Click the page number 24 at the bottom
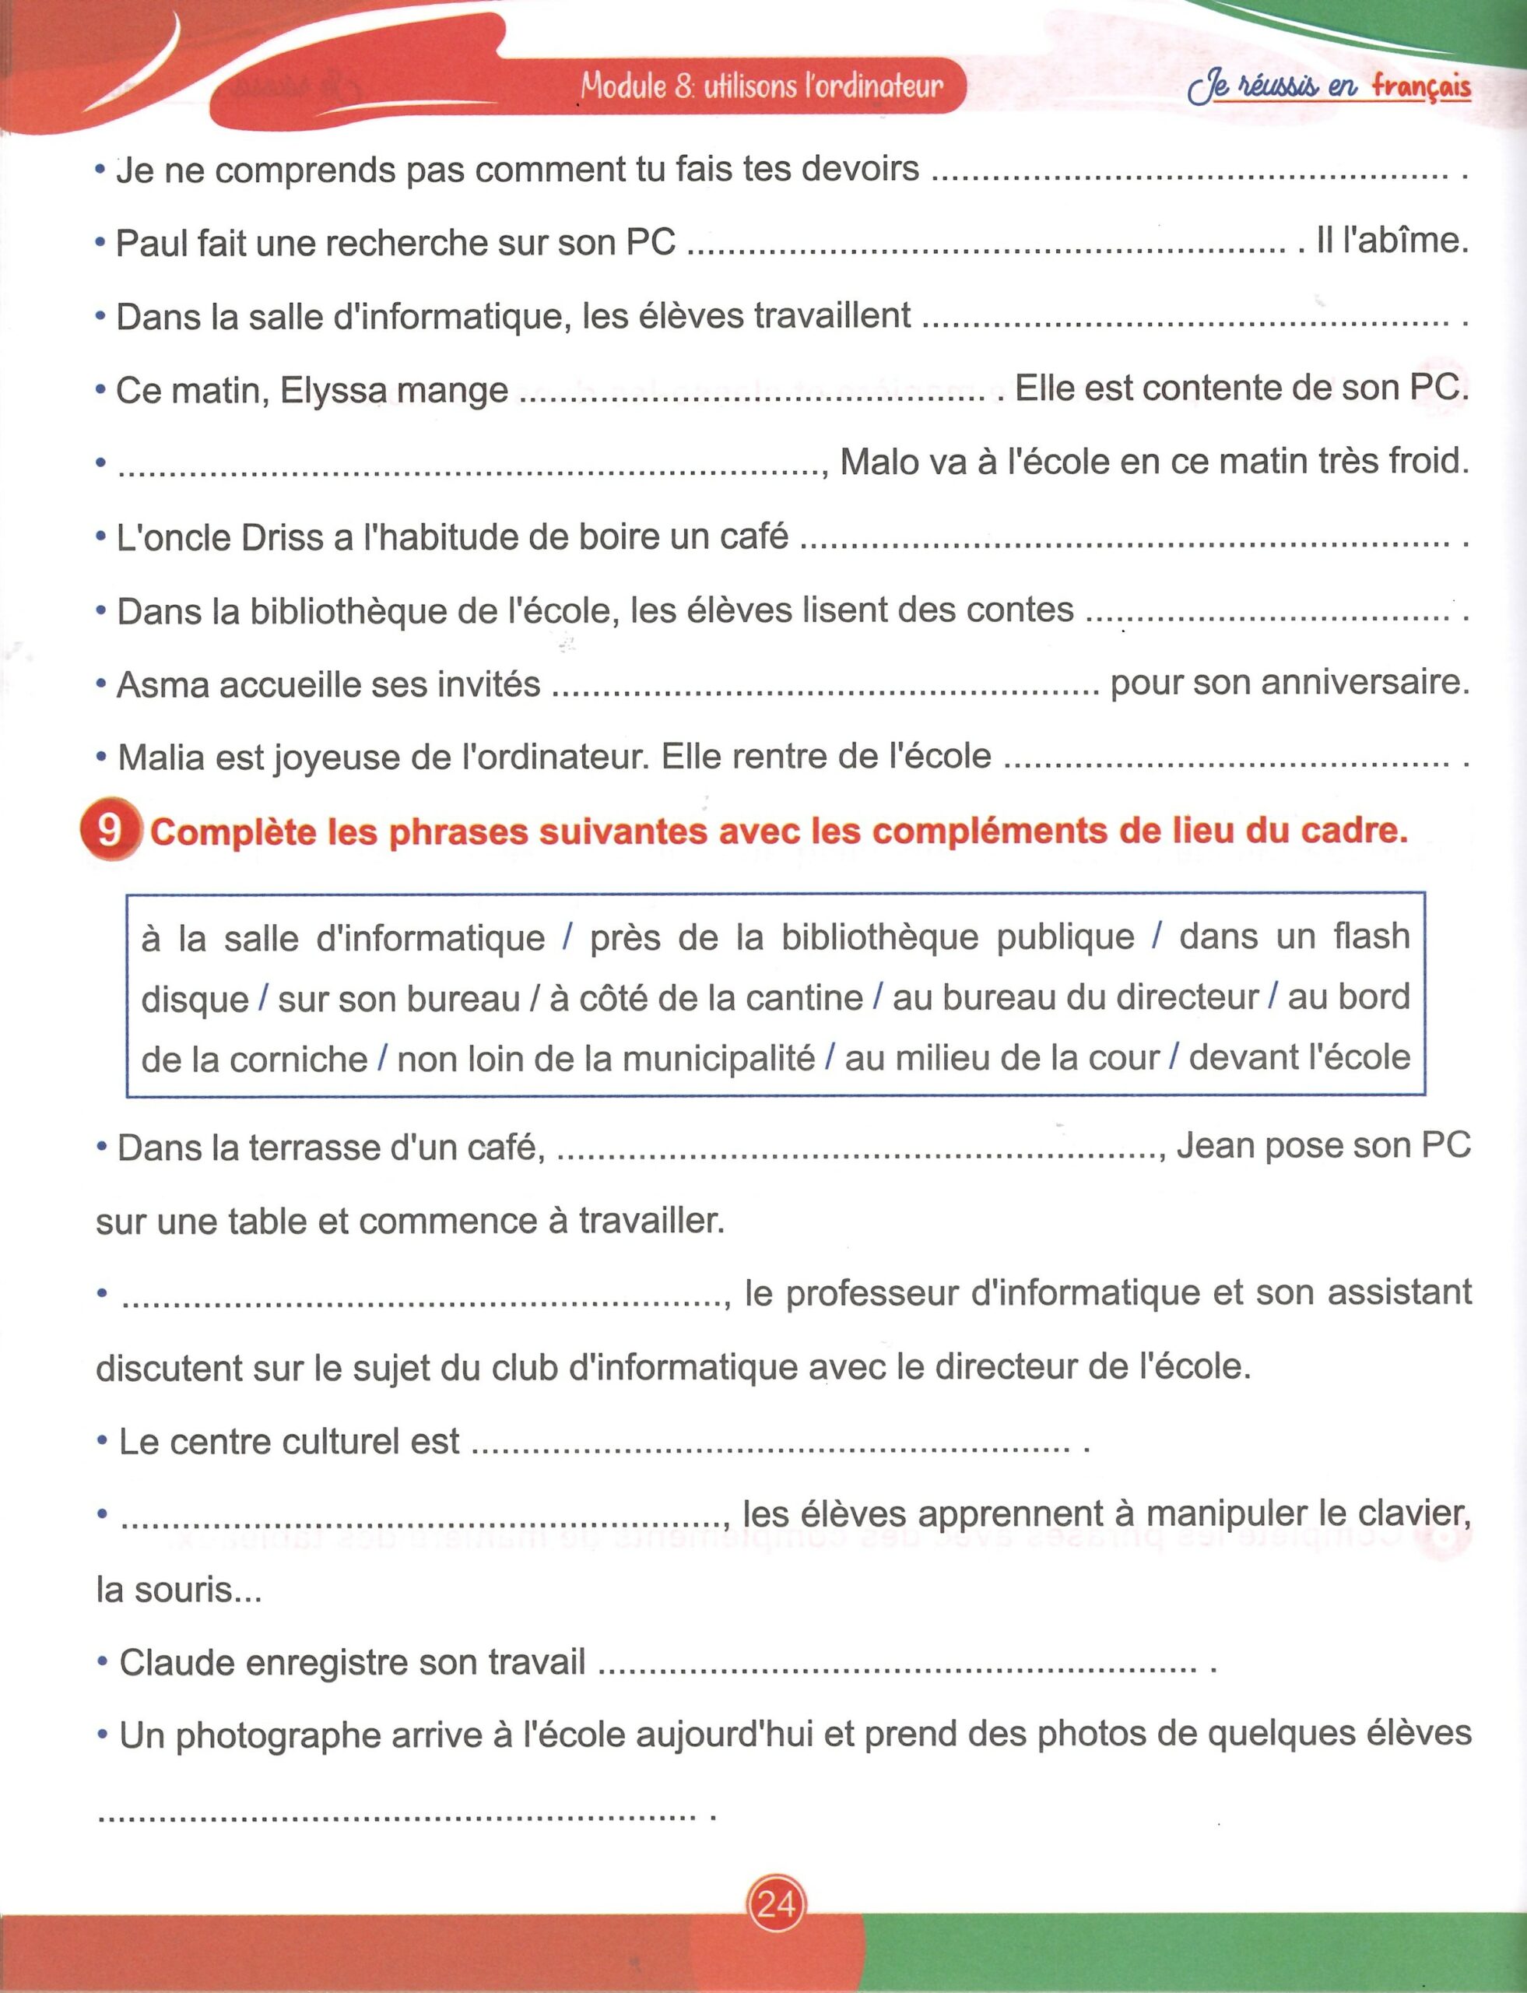click(775, 1902)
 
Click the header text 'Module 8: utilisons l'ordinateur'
click(762, 86)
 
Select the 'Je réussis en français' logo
click(1329, 87)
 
